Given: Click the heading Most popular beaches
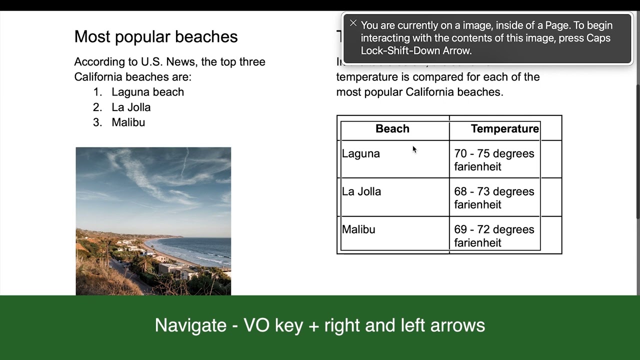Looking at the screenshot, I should point(155,36).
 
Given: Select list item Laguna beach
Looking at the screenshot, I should point(147,92).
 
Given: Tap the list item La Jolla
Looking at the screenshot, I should point(131,107).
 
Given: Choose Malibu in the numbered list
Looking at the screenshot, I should point(128,122).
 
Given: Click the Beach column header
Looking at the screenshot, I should point(392,129).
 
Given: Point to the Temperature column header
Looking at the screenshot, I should point(504,129).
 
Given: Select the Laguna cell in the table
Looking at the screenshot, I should point(361,154).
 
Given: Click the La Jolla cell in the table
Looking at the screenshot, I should point(361,192).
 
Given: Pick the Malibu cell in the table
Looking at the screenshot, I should point(358,230).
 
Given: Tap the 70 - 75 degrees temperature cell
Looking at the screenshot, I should point(494,160).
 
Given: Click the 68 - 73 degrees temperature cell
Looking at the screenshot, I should point(494,198).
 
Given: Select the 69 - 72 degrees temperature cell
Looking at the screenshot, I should point(494,236).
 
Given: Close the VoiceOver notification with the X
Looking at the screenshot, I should point(353,23).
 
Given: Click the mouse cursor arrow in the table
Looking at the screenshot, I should point(414,149).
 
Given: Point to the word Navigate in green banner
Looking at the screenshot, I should point(190,325).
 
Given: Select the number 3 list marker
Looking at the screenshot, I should point(97,122).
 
